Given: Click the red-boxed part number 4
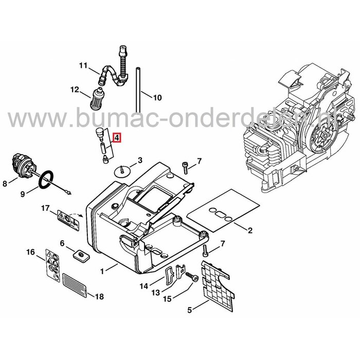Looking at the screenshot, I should pyautogui.click(x=117, y=138).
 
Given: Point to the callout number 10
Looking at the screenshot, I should pyautogui.click(x=157, y=97).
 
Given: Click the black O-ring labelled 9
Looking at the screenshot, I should pyautogui.click(x=46, y=181).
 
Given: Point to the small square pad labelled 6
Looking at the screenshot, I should pyautogui.click(x=80, y=255).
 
